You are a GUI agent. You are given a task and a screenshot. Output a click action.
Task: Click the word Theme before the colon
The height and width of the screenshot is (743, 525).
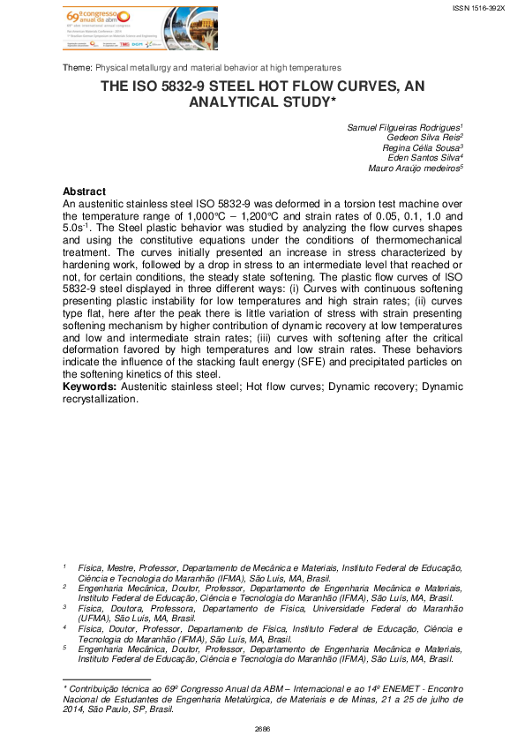click(x=77, y=68)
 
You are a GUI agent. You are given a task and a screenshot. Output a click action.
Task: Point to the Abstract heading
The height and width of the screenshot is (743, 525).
click(x=85, y=191)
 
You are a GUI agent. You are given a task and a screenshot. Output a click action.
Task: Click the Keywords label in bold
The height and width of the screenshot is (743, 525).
click(x=92, y=387)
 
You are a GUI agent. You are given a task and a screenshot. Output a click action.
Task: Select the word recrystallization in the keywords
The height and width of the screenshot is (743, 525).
click(x=100, y=398)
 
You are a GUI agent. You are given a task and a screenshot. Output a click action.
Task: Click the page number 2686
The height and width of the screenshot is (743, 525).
click(x=262, y=729)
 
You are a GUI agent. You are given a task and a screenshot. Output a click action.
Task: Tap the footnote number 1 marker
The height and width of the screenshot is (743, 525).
click(x=64, y=567)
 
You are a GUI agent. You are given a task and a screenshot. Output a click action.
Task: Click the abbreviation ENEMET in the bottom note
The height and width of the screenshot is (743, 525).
click(x=382, y=686)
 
